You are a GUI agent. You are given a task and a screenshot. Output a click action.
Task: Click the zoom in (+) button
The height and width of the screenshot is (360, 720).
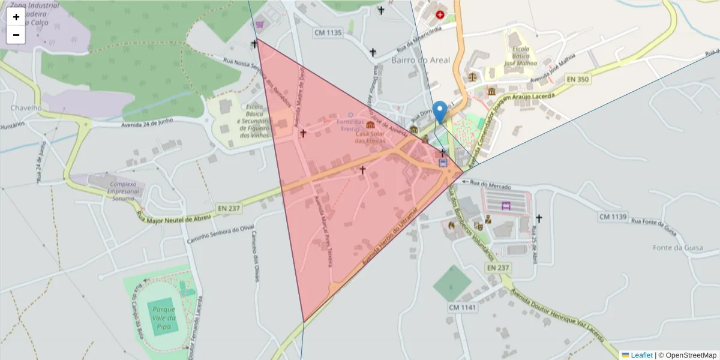[x=16, y=17]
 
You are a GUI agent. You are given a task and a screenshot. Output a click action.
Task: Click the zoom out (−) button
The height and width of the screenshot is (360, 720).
[x=16, y=35]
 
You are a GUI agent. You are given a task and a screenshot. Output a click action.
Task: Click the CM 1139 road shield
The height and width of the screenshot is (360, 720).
[x=613, y=216]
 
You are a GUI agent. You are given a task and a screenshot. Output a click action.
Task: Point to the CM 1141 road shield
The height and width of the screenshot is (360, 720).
[x=462, y=307]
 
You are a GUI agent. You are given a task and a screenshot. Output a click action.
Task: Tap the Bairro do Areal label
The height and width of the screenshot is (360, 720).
[x=420, y=60]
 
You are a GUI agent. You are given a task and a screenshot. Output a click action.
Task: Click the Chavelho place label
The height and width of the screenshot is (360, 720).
[x=26, y=108]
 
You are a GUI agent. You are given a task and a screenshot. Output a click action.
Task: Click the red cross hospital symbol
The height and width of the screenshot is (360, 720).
[x=440, y=14]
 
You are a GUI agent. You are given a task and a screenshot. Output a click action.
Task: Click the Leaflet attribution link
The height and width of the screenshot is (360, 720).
[x=637, y=355]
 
